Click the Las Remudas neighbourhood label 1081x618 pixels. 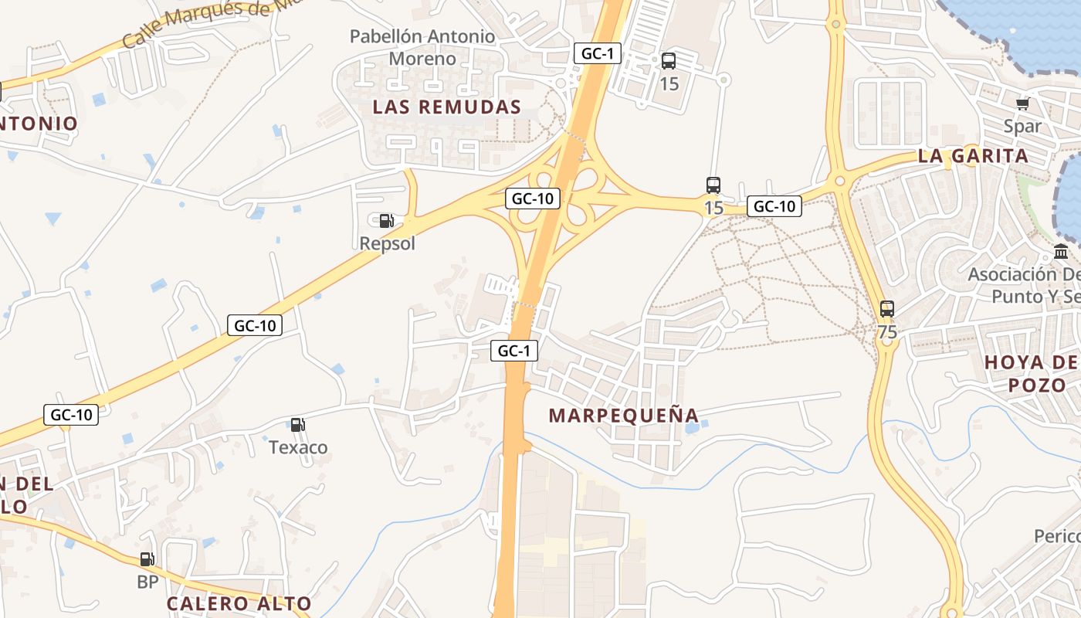[x=447, y=107]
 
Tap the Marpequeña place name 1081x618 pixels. [x=624, y=415]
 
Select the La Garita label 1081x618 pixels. [x=973, y=155]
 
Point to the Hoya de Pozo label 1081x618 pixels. [x=1031, y=373]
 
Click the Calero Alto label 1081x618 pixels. [x=239, y=603]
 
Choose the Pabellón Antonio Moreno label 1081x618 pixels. [x=422, y=47]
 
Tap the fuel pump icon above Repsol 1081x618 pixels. [x=386, y=221]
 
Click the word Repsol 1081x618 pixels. [x=388, y=243]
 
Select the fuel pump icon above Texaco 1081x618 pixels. [x=297, y=425]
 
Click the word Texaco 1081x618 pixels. [x=298, y=447]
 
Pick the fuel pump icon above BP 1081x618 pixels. [x=147, y=559]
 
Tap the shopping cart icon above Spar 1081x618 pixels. [x=1023, y=104]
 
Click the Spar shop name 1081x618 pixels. [x=1022, y=126]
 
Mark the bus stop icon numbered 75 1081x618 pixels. [x=887, y=309]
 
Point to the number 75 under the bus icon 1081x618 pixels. [x=887, y=332]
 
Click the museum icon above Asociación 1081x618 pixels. [x=1061, y=252]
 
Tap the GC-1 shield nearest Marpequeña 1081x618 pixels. [x=514, y=351]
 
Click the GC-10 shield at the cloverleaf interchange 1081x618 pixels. [x=533, y=199]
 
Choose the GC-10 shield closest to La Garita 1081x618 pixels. [x=774, y=206]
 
